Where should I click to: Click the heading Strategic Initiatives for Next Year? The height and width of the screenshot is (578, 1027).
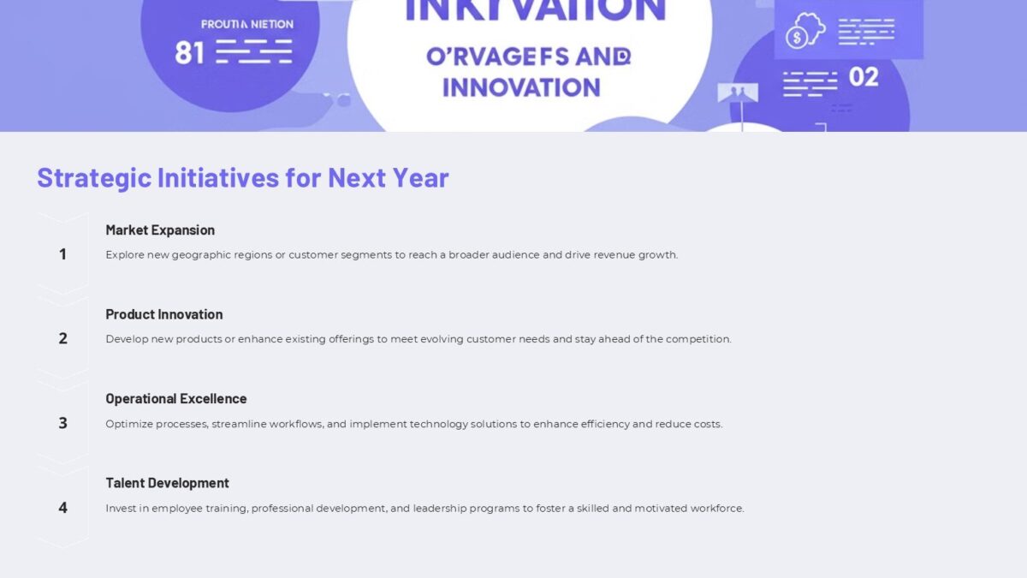click(x=242, y=177)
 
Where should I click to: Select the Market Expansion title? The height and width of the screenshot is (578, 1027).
click(x=160, y=229)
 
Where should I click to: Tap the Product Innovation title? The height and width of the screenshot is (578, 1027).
click(x=164, y=314)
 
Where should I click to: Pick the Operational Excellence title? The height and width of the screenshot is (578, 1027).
click(x=176, y=398)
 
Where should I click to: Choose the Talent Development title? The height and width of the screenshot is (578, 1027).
click(x=168, y=483)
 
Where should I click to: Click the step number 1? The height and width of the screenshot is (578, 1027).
click(x=62, y=253)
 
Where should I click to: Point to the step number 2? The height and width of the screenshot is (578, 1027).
click(x=62, y=338)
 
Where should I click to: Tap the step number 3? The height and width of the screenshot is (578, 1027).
click(x=62, y=423)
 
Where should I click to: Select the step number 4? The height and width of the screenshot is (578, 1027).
click(x=62, y=508)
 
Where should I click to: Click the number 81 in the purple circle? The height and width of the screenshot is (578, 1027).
click(x=189, y=53)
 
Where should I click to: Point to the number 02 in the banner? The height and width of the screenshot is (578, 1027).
click(x=864, y=77)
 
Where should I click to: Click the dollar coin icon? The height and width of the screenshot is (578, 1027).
click(x=798, y=38)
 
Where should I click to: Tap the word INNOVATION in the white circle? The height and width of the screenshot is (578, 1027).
click(x=521, y=86)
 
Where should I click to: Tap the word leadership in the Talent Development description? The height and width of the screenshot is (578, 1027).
click(x=442, y=508)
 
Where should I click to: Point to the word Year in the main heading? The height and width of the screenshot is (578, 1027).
click(x=420, y=177)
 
